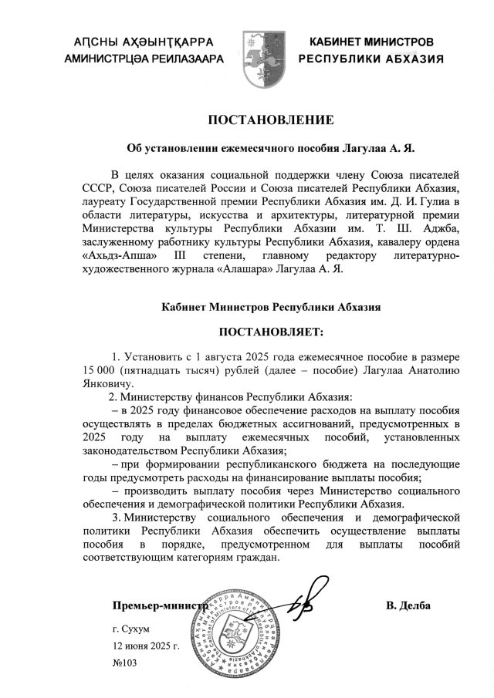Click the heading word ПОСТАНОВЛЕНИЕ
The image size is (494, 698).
click(x=270, y=120)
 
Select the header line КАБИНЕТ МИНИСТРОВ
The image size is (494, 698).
click(x=371, y=41)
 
